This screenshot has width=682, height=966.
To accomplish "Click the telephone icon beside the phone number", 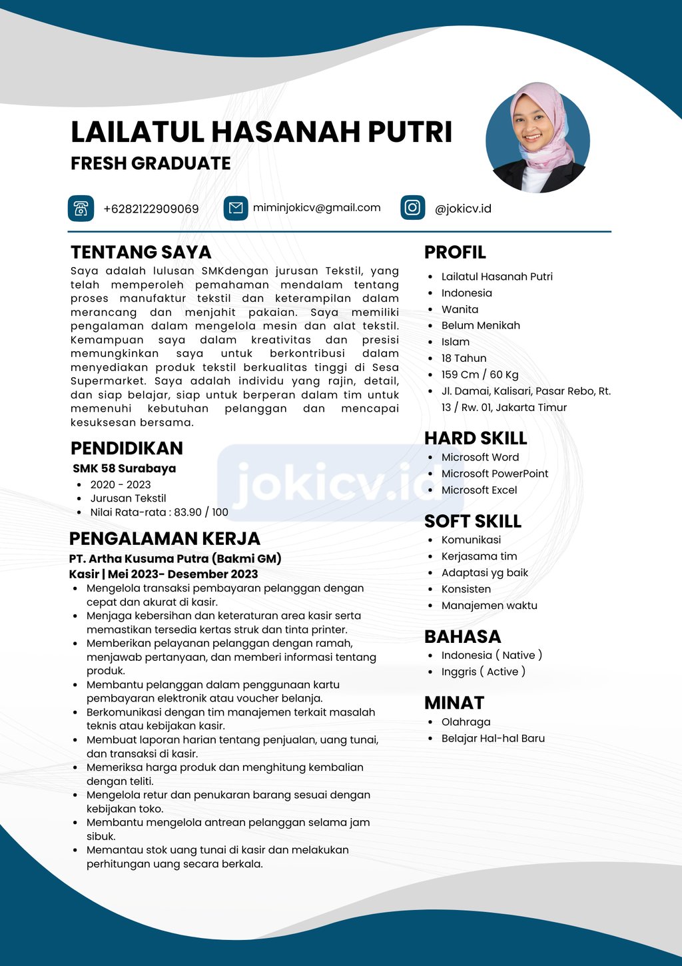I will pos(81,209).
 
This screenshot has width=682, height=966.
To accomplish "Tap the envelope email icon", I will pos(236,209).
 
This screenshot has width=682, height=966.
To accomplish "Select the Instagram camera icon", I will pos(412,208).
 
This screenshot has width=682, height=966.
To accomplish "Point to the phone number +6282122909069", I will pos(151,209).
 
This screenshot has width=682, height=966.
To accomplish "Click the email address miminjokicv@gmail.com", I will pos(316,208).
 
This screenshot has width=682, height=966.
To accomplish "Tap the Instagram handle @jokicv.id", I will pos(463,209).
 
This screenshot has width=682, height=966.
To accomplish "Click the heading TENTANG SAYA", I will pos(141,252).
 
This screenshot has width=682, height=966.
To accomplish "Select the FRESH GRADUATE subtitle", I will pos(151,163).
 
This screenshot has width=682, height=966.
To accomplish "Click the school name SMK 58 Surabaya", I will pos(125,468).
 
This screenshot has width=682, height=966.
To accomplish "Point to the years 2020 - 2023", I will pos(121,484).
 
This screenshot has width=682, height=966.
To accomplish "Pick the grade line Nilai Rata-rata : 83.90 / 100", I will pos(159,512).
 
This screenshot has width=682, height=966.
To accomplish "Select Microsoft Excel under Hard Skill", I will pos(479,490).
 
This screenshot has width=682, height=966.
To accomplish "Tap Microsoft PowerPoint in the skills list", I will pos(495,474).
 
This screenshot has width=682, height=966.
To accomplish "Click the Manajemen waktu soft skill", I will pos(489,606).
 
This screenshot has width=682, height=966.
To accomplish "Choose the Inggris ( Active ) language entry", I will pos(483,672).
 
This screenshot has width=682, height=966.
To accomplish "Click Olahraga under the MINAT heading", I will pos(466,722).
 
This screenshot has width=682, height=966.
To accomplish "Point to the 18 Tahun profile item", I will pos(464,358).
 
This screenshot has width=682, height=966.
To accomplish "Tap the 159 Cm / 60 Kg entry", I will pos(480,374).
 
